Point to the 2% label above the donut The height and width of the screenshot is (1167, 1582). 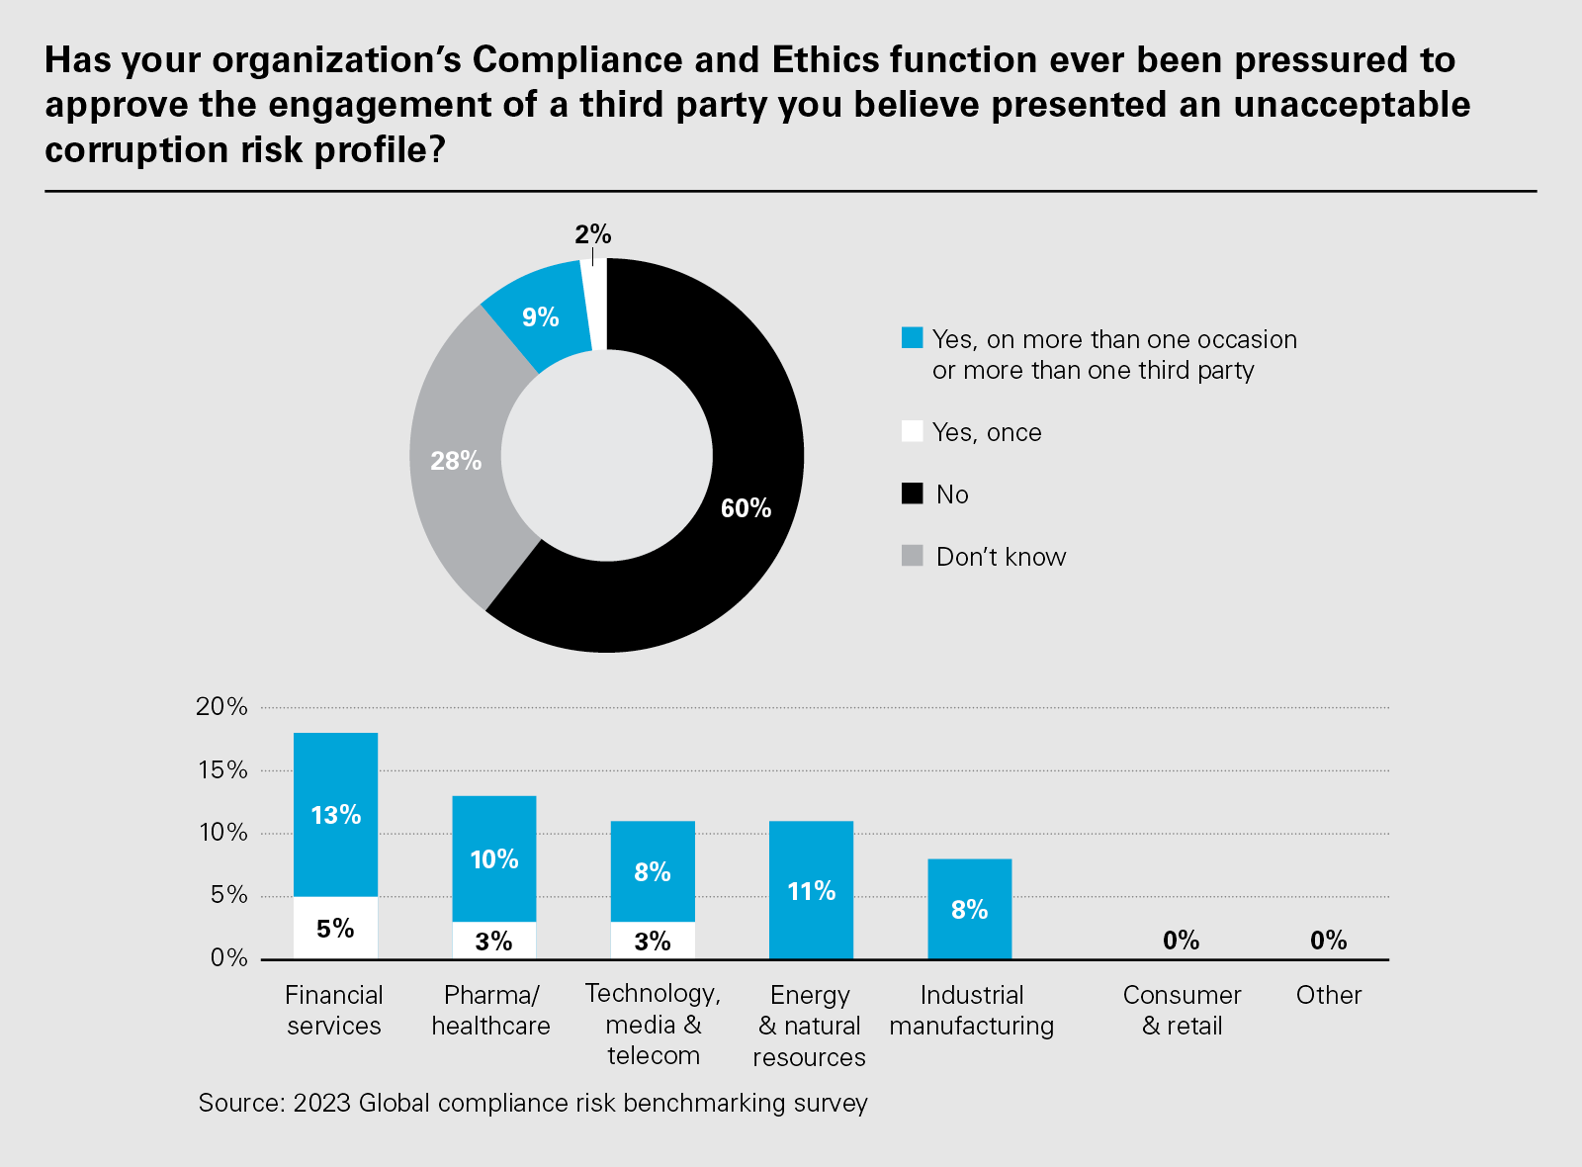593,234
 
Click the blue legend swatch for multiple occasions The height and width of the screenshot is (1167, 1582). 912,338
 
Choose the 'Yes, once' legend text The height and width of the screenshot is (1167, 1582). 987,432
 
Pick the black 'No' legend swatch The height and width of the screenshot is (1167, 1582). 912,494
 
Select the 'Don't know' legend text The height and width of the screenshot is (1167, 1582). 1001,557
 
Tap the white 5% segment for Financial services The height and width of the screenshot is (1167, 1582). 336,928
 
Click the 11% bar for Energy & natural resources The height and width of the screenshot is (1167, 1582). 811,890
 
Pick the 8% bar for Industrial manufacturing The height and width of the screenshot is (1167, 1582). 969,909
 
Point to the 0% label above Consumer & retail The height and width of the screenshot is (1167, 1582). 1181,940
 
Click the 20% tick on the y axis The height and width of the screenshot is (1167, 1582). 221,706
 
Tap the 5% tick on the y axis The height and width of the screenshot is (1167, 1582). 227,895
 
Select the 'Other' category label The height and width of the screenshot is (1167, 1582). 1328,995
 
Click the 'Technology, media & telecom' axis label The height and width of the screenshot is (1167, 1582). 653,1025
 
